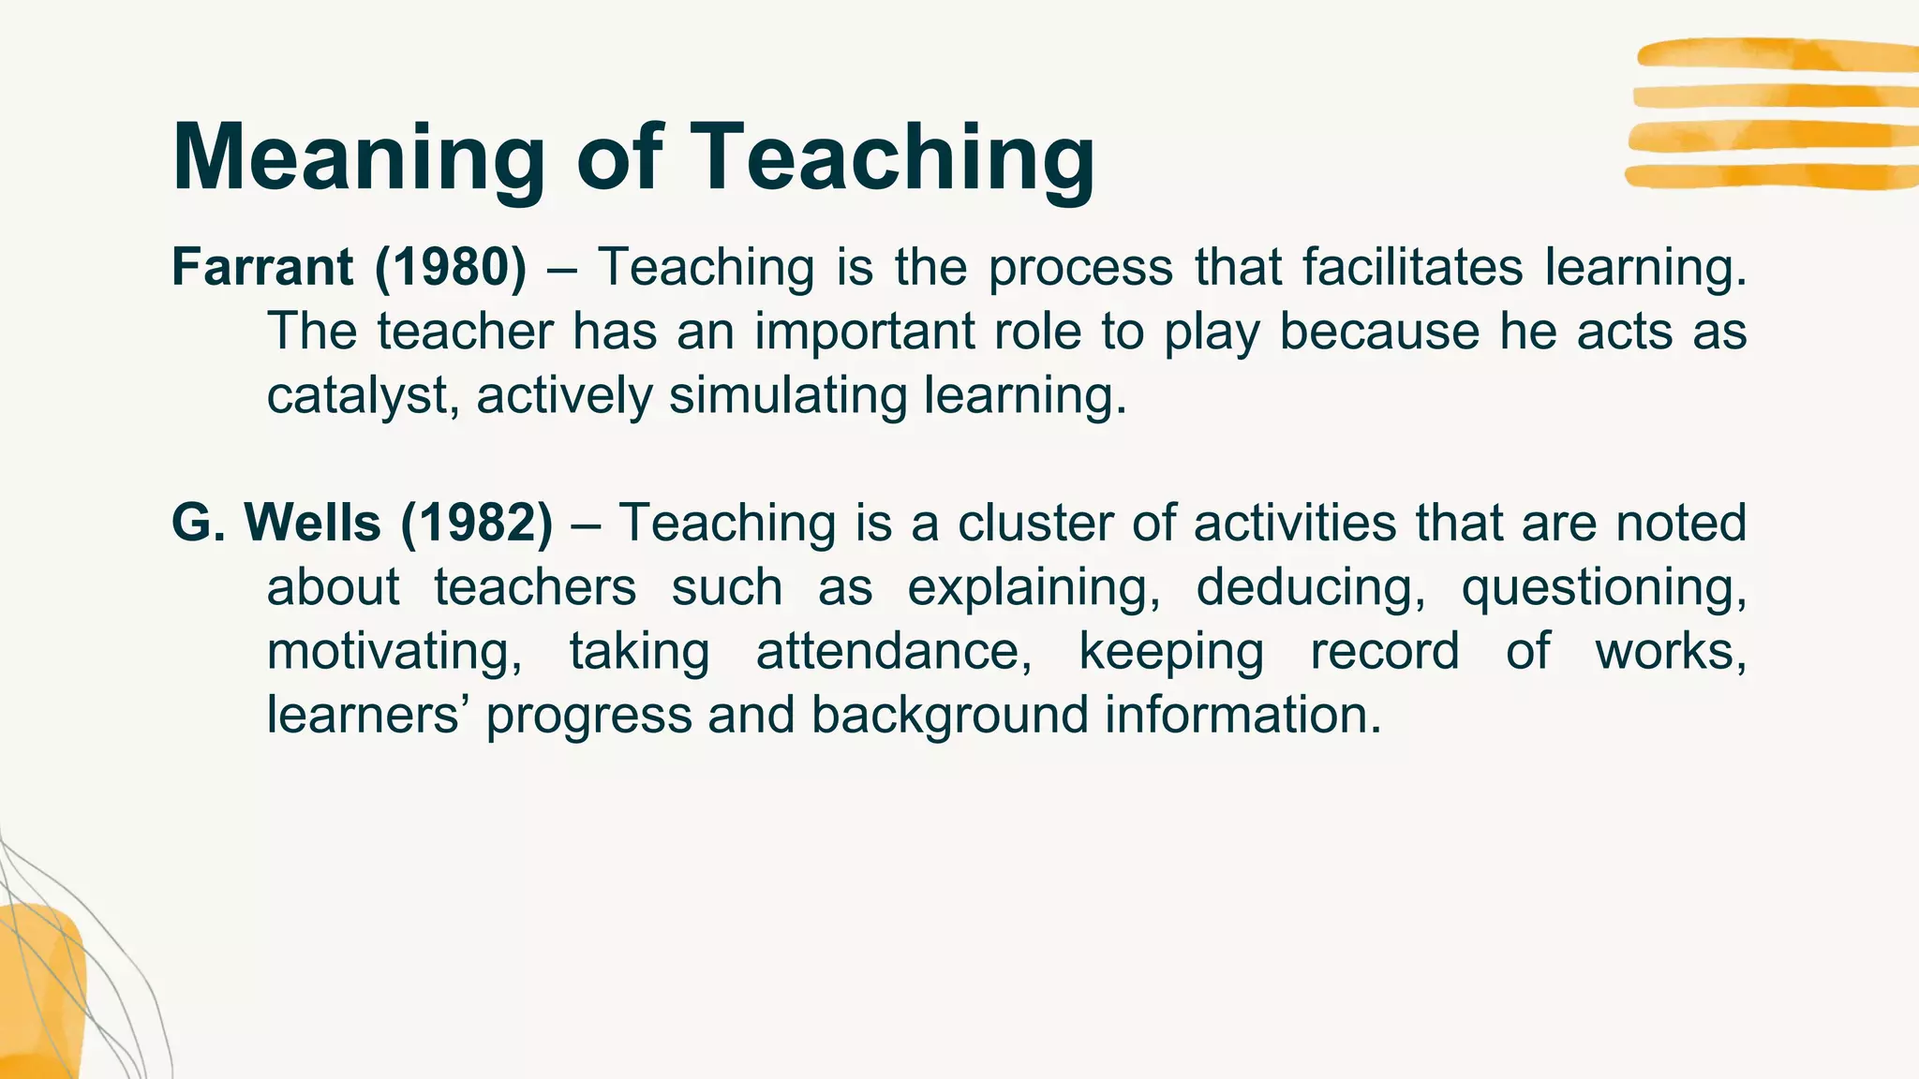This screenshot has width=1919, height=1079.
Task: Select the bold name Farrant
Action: click(261, 267)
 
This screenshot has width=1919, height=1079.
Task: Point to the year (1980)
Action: click(451, 267)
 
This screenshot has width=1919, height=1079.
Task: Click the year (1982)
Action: click(477, 523)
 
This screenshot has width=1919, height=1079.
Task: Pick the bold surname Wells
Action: click(312, 523)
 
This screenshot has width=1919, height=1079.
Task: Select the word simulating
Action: click(788, 395)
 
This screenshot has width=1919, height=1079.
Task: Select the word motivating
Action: click(394, 652)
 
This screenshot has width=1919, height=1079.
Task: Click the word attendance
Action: click(894, 651)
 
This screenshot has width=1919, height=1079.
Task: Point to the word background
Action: click(949, 716)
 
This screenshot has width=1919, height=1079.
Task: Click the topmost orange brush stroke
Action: click(1776, 54)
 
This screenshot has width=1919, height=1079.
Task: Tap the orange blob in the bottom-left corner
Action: click(42, 993)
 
